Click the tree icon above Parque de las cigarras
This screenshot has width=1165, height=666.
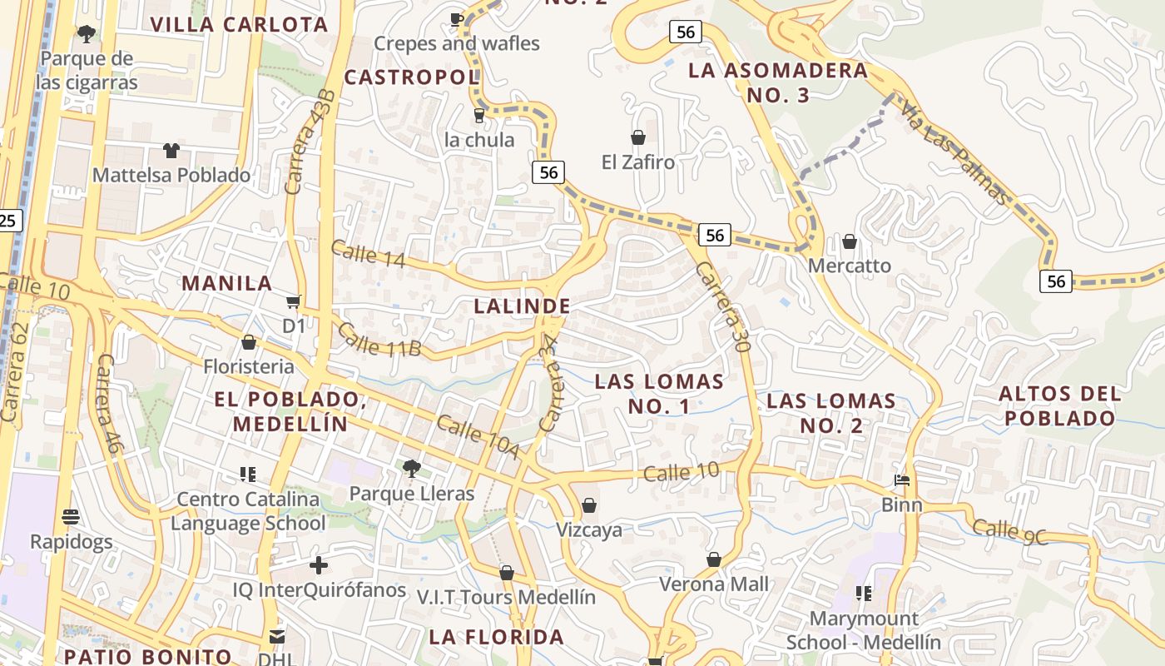pyautogui.click(x=86, y=34)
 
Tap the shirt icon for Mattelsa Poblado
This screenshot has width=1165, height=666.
pyautogui.click(x=171, y=151)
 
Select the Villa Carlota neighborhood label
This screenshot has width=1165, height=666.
pyautogui.click(x=239, y=24)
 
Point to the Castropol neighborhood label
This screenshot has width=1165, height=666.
pyautogui.click(x=412, y=77)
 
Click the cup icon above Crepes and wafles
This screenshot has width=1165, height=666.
pyautogui.click(x=456, y=18)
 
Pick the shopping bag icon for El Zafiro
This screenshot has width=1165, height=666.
pyautogui.click(x=638, y=137)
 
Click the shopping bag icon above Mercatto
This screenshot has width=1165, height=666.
pyautogui.click(x=849, y=241)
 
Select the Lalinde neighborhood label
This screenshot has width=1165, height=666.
pyautogui.click(x=522, y=306)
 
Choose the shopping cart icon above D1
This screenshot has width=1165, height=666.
pyautogui.click(x=293, y=301)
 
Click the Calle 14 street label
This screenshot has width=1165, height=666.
pyautogui.click(x=368, y=254)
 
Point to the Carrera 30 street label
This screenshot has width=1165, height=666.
pyautogui.click(x=723, y=307)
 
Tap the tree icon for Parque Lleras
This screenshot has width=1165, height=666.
pyautogui.click(x=411, y=469)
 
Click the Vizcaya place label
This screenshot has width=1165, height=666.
pyautogui.click(x=589, y=530)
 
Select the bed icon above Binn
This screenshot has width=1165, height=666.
pyautogui.click(x=902, y=480)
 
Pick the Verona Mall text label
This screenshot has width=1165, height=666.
pyautogui.click(x=714, y=584)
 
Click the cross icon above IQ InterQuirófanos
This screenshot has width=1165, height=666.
pyautogui.click(x=318, y=566)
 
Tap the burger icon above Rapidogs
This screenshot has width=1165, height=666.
pyautogui.click(x=71, y=517)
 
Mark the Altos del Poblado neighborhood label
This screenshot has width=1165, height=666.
pyautogui.click(x=1059, y=405)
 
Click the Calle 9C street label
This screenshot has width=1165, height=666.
pyautogui.click(x=1009, y=532)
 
